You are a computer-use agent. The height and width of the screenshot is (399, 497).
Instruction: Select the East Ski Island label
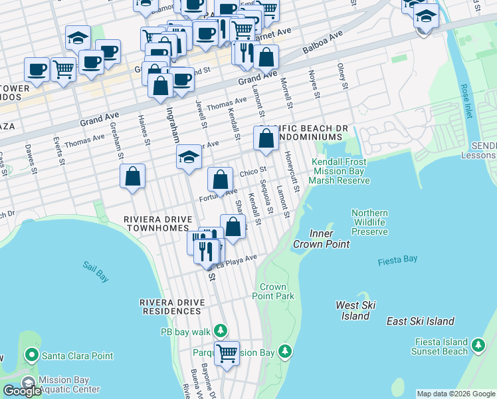tap(420, 321)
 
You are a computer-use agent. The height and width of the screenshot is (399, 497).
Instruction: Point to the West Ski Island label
tap(355, 311)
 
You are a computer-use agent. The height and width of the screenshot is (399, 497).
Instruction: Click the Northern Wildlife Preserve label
tap(369, 222)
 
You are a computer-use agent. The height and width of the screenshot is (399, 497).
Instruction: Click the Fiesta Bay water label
tap(397, 261)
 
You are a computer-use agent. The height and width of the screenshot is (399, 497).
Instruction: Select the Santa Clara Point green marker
tap(31, 356)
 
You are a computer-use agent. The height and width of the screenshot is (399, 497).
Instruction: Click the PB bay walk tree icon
tap(221, 331)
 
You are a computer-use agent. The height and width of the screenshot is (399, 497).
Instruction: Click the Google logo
tap(22, 391)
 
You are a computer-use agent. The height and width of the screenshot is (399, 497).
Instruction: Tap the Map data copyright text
tap(456, 394)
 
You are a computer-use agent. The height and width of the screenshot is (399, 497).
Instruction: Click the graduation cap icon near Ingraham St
tap(189, 158)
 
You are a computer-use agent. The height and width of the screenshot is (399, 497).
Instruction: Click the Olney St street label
tap(342, 76)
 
